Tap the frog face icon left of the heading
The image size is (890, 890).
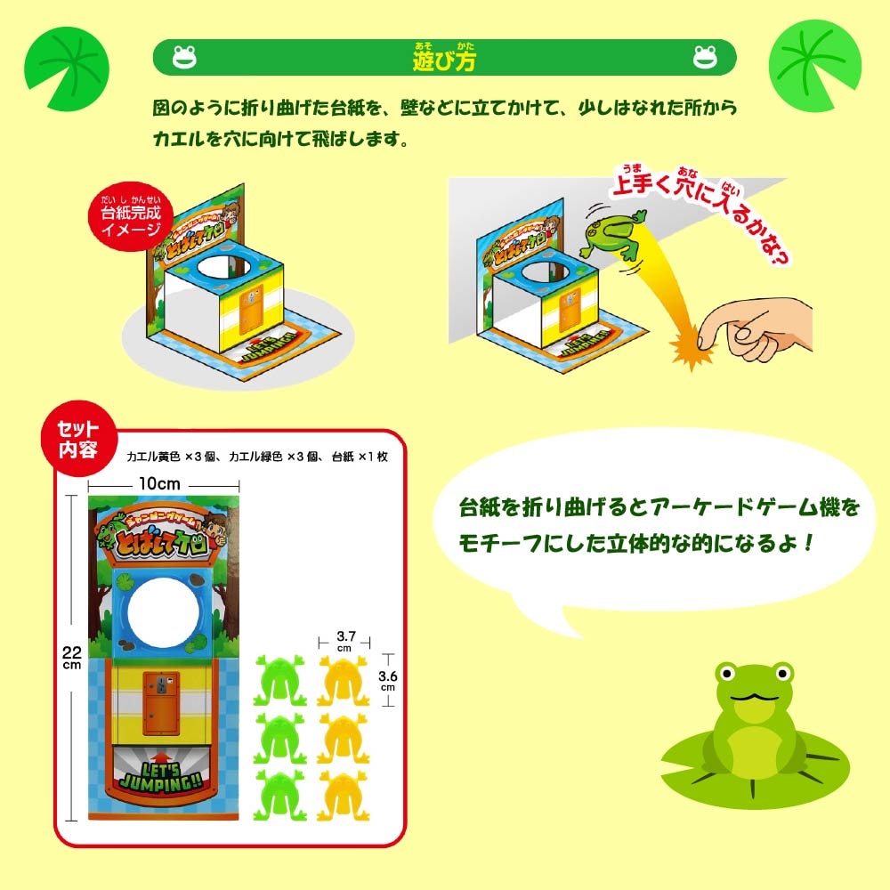[x=184, y=58]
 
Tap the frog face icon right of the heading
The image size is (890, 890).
[x=706, y=58]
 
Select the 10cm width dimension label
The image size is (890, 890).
[x=160, y=483]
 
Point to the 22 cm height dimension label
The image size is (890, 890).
[x=70, y=658]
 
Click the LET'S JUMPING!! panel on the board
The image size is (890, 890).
[x=164, y=769]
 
